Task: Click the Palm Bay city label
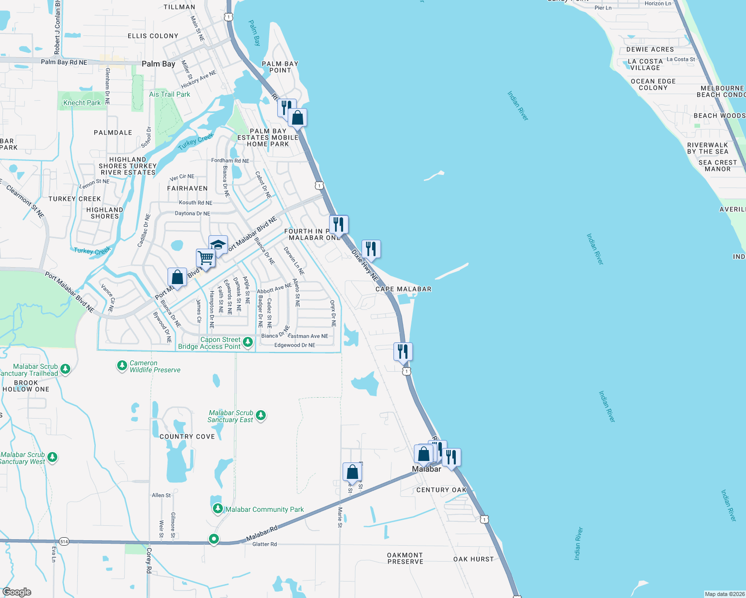(x=158, y=64)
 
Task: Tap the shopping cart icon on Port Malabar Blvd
(x=205, y=258)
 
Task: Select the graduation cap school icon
(x=218, y=245)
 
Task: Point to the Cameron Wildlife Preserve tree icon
(x=122, y=366)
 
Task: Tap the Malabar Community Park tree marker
(x=217, y=509)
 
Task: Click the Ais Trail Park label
(x=170, y=94)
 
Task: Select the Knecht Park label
(x=82, y=103)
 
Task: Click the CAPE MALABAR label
(x=403, y=289)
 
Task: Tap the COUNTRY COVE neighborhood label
(x=187, y=437)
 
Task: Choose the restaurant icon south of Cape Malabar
(x=402, y=351)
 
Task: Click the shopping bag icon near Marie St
(x=352, y=472)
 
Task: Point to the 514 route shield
(x=64, y=541)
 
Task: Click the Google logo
(x=17, y=592)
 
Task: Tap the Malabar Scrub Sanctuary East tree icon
(x=260, y=415)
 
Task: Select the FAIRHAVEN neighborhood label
(x=187, y=188)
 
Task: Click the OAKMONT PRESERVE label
(x=405, y=558)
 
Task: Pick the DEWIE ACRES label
(x=650, y=49)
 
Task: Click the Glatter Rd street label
(x=264, y=544)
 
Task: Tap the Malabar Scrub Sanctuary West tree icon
(x=52, y=457)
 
